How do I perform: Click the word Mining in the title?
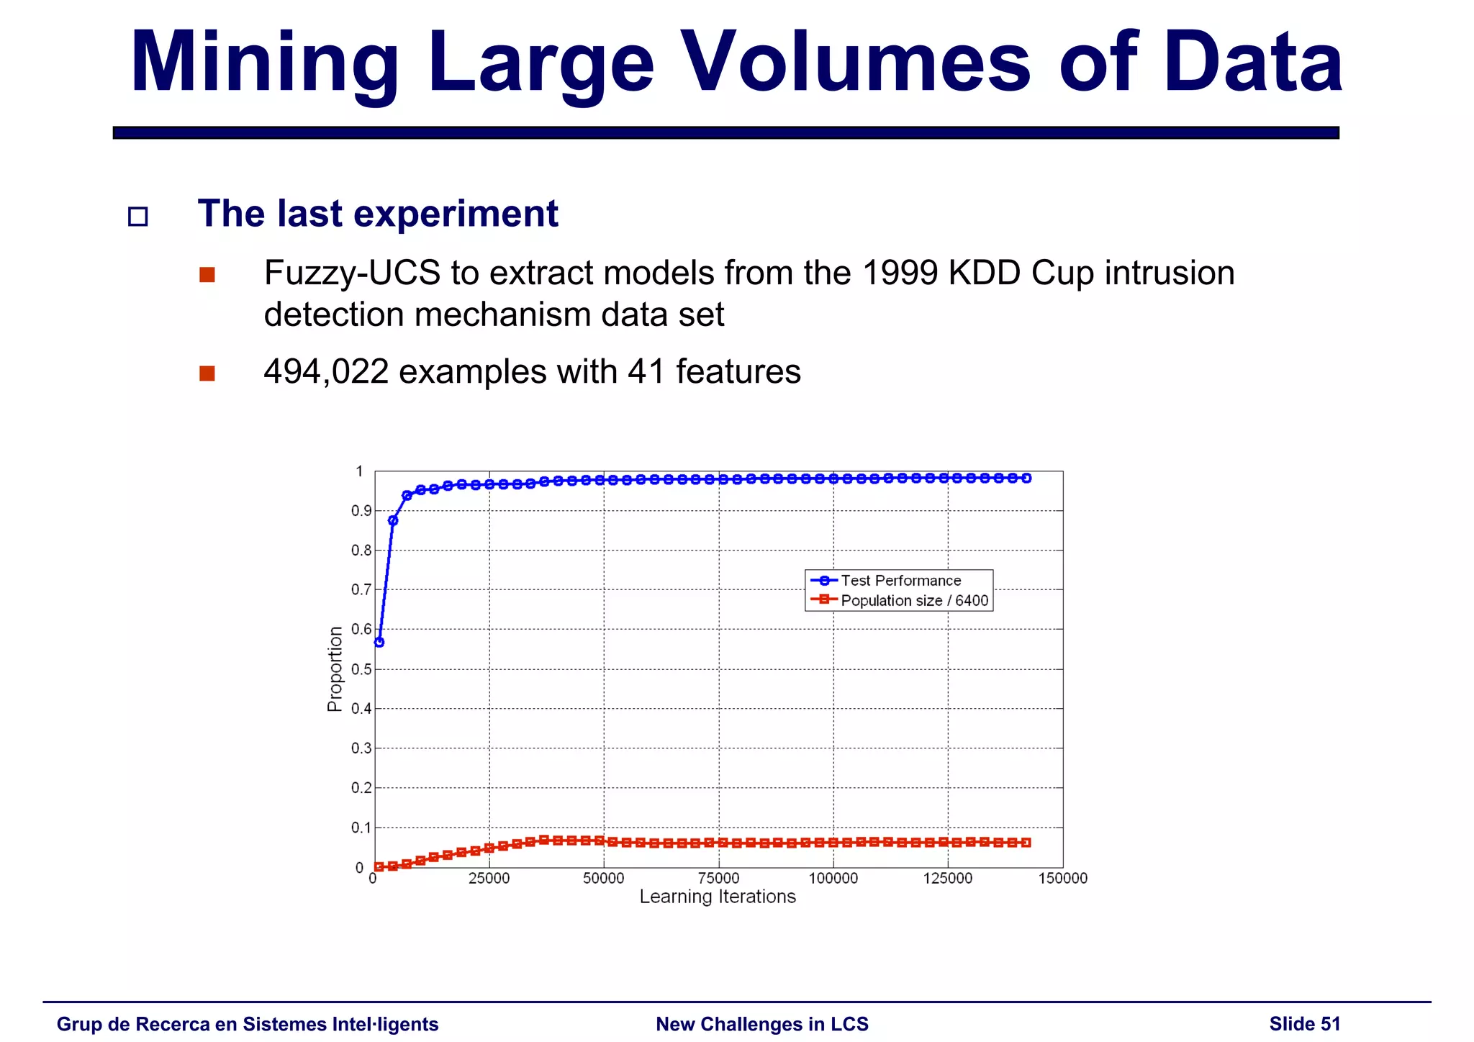(x=264, y=63)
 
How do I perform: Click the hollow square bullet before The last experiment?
(x=137, y=217)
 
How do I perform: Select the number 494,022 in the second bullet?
(x=326, y=372)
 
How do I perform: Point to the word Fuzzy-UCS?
(x=352, y=273)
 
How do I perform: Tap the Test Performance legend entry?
(x=900, y=581)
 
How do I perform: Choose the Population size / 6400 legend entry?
(x=914, y=601)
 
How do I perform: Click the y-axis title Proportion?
(x=335, y=669)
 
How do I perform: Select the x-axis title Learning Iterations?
(x=718, y=897)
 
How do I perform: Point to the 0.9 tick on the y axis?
(x=361, y=512)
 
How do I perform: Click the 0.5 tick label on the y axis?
(x=361, y=669)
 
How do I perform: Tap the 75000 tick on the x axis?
(x=719, y=879)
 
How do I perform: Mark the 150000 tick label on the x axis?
(x=1062, y=879)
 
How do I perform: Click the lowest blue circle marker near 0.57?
(x=379, y=642)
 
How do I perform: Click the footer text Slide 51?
(x=1304, y=1024)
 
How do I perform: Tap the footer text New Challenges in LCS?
(x=762, y=1024)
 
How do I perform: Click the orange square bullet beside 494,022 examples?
(x=207, y=373)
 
